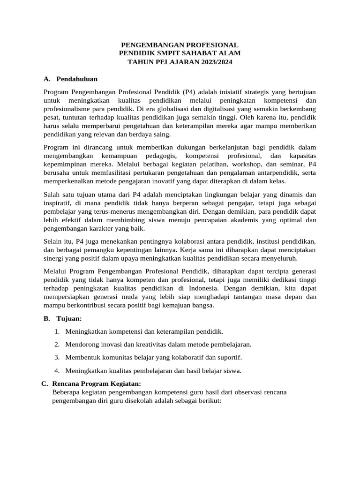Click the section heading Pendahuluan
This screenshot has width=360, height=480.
click(77, 79)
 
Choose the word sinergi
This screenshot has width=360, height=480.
click(55, 258)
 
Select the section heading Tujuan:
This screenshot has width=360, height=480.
click(69, 319)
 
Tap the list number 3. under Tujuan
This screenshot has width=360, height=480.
click(57, 357)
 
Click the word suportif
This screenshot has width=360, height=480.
click(230, 357)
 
